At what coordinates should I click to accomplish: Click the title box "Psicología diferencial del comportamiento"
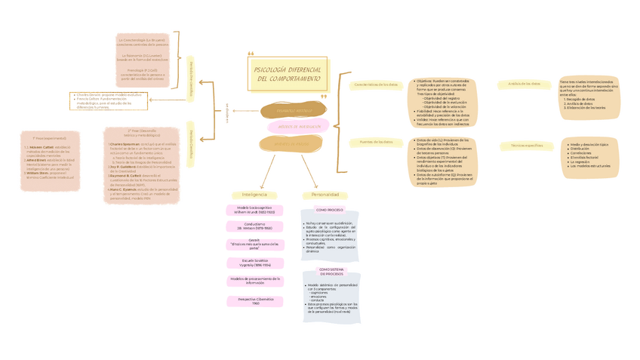[x=288, y=74]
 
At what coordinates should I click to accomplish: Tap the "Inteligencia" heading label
[x=254, y=195]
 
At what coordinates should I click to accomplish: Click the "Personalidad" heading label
[x=325, y=195]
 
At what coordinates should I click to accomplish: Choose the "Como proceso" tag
[x=329, y=210]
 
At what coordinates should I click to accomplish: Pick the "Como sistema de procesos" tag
[x=331, y=271]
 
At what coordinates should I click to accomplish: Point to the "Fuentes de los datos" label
[x=376, y=142]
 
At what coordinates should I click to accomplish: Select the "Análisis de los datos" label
[x=524, y=84]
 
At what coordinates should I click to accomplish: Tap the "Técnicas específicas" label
[x=527, y=145]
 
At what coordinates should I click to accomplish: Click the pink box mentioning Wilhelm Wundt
[x=254, y=210]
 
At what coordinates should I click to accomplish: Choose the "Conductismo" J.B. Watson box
[x=254, y=226]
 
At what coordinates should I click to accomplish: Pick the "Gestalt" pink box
[x=254, y=243]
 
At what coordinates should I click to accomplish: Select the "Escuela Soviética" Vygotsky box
[x=254, y=263]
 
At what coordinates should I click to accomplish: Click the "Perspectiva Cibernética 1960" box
[x=254, y=301]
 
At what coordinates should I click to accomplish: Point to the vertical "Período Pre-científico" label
[x=191, y=77]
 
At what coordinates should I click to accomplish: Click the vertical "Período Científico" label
[x=191, y=139]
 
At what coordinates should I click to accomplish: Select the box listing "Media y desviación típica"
[x=589, y=157]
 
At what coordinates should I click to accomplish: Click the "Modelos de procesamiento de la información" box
[x=254, y=281]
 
